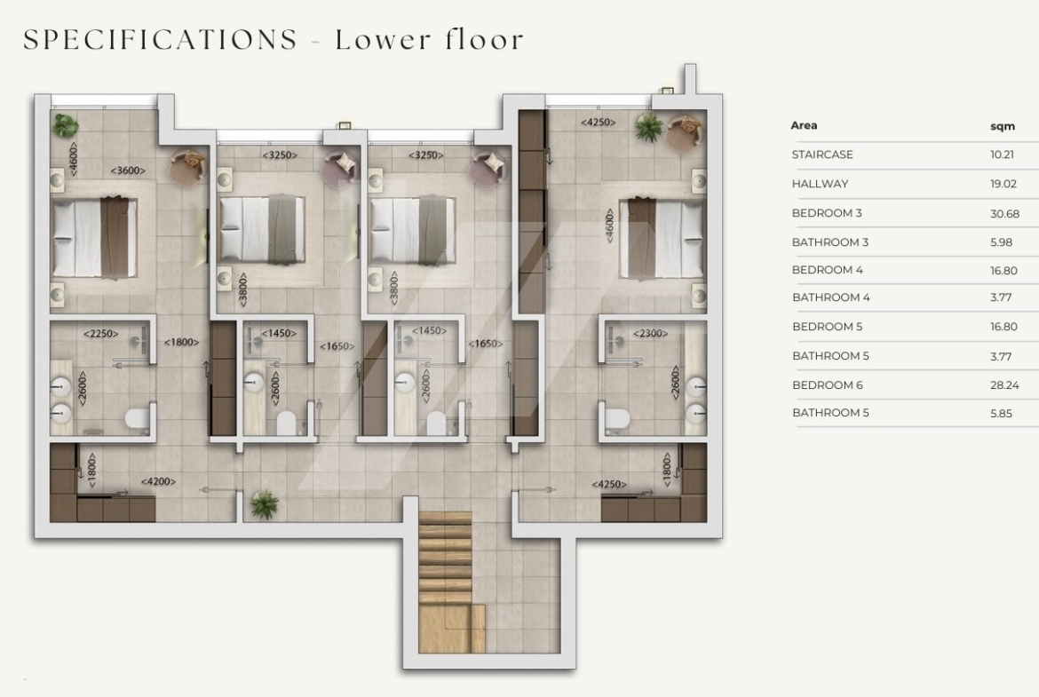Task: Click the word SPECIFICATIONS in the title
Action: point(161,39)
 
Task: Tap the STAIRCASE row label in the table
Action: point(822,154)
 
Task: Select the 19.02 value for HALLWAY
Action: point(1003,184)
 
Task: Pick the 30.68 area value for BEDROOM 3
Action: point(1004,213)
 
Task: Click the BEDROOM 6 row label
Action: point(827,385)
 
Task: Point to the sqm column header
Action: point(1003,126)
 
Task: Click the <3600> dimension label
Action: point(128,170)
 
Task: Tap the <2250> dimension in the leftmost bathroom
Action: point(100,333)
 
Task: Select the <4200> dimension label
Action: point(158,481)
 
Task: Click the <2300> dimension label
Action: point(650,333)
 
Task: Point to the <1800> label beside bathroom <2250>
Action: point(181,342)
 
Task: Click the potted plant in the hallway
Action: point(265,504)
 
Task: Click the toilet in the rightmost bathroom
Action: point(617,417)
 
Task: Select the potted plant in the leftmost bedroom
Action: point(66,124)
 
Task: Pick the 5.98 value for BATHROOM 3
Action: point(1001,242)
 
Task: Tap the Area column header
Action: point(804,125)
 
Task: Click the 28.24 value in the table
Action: point(1004,385)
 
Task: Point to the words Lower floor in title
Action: point(430,39)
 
